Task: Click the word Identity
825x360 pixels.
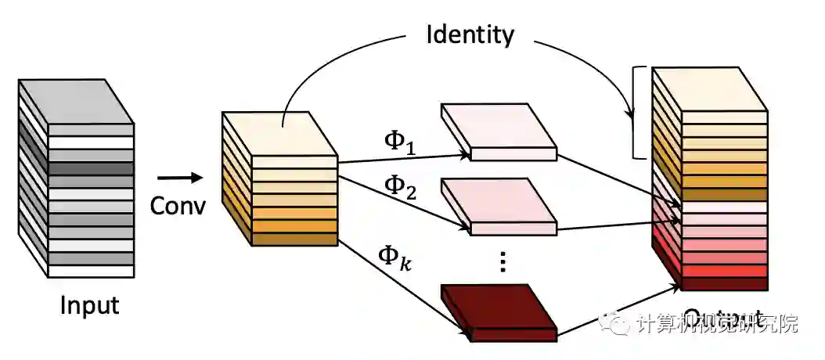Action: click(470, 34)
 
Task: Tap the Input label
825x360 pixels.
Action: click(89, 304)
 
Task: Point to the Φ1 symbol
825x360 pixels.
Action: click(399, 140)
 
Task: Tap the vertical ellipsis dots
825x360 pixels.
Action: click(503, 262)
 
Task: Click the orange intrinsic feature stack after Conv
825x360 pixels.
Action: click(279, 178)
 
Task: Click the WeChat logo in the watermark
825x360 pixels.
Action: click(616, 323)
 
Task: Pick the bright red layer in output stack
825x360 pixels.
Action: click(724, 271)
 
